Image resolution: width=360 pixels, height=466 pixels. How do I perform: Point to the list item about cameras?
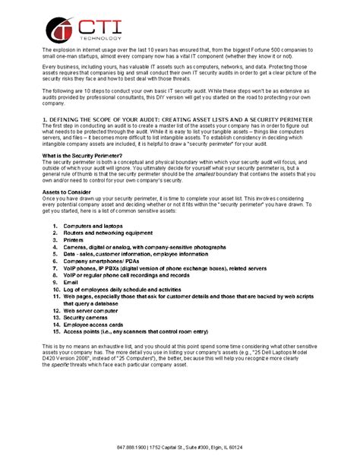pyautogui.click(x=145, y=248)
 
